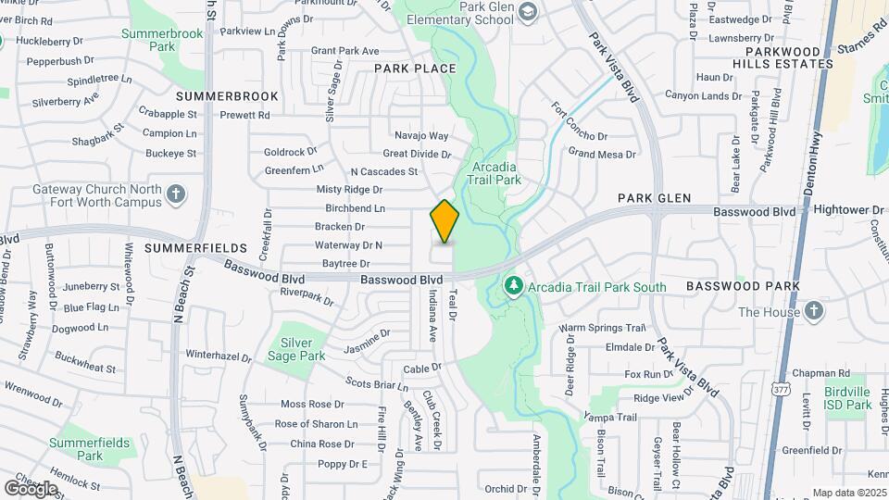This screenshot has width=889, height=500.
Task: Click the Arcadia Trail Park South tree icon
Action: click(x=514, y=286)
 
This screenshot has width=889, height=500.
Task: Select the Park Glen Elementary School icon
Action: click(x=528, y=12)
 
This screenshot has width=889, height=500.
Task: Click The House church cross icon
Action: click(x=813, y=311)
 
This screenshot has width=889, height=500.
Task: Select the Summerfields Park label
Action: click(x=89, y=449)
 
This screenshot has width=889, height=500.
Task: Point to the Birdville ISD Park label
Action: click(x=847, y=397)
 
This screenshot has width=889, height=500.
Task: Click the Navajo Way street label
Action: click(x=421, y=135)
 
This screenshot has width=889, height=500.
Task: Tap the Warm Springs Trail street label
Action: click(x=601, y=328)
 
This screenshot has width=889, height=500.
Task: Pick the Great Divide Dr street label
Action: click(x=417, y=154)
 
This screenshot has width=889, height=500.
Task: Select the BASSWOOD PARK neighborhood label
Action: click(x=744, y=286)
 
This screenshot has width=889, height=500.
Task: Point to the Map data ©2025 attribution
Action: click(x=848, y=493)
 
